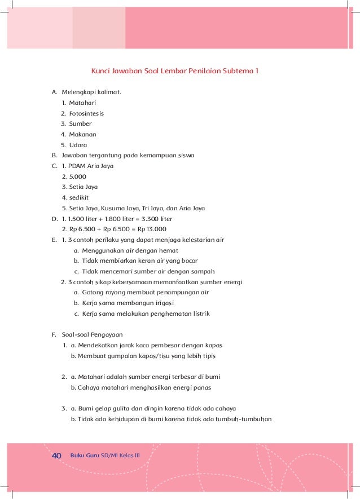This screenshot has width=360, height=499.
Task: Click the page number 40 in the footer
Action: click(56, 455)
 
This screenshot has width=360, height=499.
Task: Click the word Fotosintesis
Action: click(86, 113)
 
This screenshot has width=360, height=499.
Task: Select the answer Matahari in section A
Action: click(82, 103)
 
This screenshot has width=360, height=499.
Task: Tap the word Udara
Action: click(78, 145)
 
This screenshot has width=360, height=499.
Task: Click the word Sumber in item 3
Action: click(80, 123)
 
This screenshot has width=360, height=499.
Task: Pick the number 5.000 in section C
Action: click(78, 176)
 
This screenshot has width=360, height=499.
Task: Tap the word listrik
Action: click(199, 313)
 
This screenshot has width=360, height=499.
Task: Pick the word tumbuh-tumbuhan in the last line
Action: click(248, 419)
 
